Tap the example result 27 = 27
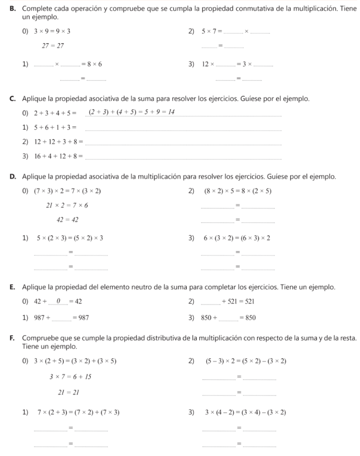53,45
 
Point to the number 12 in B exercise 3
205,65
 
